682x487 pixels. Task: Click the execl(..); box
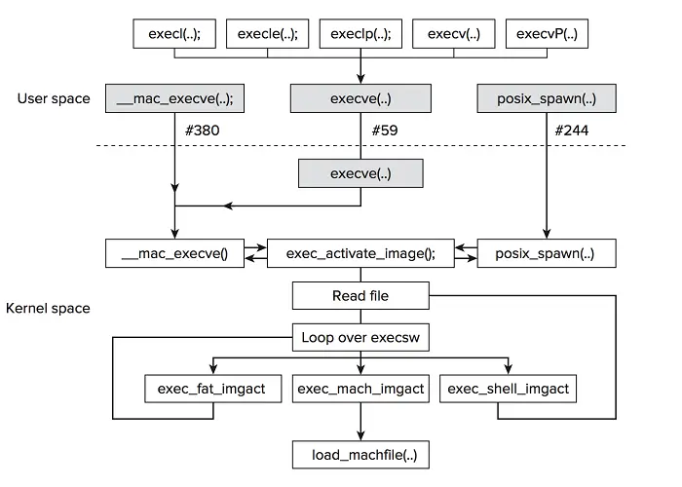pyautogui.click(x=175, y=33)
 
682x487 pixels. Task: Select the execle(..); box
pyautogui.click(x=268, y=33)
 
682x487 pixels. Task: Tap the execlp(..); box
pyautogui.click(x=360, y=33)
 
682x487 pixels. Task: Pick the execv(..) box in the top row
pyautogui.click(x=453, y=33)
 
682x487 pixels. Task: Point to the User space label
pyautogui.click(x=54, y=98)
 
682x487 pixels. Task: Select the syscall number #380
pyautogui.click(x=203, y=130)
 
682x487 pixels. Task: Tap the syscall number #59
pyautogui.click(x=384, y=130)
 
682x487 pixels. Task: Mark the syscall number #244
pyautogui.click(x=573, y=130)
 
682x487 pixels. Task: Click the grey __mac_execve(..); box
pyautogui.click(x=175, y=98)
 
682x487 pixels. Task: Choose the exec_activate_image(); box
pyautogui.click(x=360, y=253)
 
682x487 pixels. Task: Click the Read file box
pyautogui.click(x=360, y=296)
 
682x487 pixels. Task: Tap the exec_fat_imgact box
pyautogui.click(x=211, y=389)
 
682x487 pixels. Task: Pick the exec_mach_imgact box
pyautogui.click(x=360, y=389)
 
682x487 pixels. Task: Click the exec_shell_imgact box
pyautogui.click(x=508, y=389)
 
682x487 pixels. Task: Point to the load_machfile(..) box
pyautogui.click(x=360, y=454)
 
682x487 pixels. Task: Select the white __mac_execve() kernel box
pyautogui.click(x=173, y=253)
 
